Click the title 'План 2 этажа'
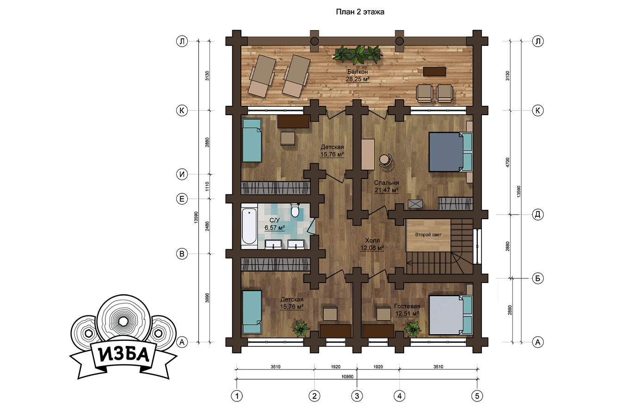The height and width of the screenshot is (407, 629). (x=360, y=12)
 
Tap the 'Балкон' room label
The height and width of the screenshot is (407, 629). (x=358, y=72)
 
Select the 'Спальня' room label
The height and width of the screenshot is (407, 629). (x=386, y=183)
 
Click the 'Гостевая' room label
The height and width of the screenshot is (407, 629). (x=407, y=306)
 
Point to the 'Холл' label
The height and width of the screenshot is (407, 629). (x=372, y=240)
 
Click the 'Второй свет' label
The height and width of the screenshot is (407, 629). (x=428, y=234)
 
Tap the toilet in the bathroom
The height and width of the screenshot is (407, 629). (x=295, y=210)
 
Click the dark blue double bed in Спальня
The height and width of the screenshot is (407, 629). (x=450, y=152)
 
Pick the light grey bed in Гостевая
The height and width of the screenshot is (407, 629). (x=450, y=315)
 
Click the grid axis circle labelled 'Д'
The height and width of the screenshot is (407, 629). (x=538, y=215)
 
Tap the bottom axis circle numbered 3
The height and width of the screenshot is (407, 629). (x=357, y=396)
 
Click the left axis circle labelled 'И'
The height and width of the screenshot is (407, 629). (x=182, y=174)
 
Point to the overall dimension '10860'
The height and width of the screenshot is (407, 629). (x=347, y=376)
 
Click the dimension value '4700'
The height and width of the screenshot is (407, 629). (x=507, y=163)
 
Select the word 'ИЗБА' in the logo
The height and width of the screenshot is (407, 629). (x=124, y=355)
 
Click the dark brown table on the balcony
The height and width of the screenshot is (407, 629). (x=434, y=71)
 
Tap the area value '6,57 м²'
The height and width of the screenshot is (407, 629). (x=275, y=228)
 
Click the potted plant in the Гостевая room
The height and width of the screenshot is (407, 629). (x=413, y=329)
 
